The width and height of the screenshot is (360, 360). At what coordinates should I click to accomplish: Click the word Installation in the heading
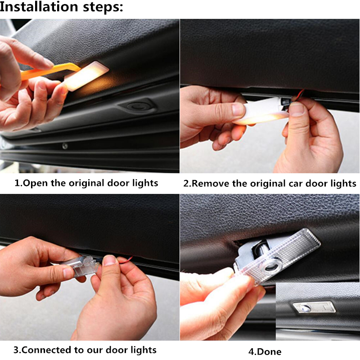click(39, 6)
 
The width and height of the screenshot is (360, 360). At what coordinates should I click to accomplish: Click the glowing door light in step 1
click(85, 75)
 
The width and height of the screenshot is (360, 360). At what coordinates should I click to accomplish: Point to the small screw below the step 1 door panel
click(65, 145)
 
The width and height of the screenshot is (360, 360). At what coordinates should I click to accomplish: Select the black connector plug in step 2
click(285, 103)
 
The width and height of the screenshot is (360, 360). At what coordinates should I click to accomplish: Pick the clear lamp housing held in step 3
click(81, 267)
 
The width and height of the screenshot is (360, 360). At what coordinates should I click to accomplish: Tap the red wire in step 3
click(125, 260)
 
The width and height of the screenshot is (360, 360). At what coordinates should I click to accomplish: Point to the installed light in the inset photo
click(314, 307)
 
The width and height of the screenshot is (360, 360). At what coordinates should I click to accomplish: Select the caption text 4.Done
click(265, 351)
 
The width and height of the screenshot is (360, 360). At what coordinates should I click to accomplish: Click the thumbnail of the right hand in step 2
click(297, 108)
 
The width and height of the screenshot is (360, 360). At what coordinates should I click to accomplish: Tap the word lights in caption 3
click(144, 351)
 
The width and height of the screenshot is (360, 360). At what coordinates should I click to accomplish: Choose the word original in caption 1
click(86, 184)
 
